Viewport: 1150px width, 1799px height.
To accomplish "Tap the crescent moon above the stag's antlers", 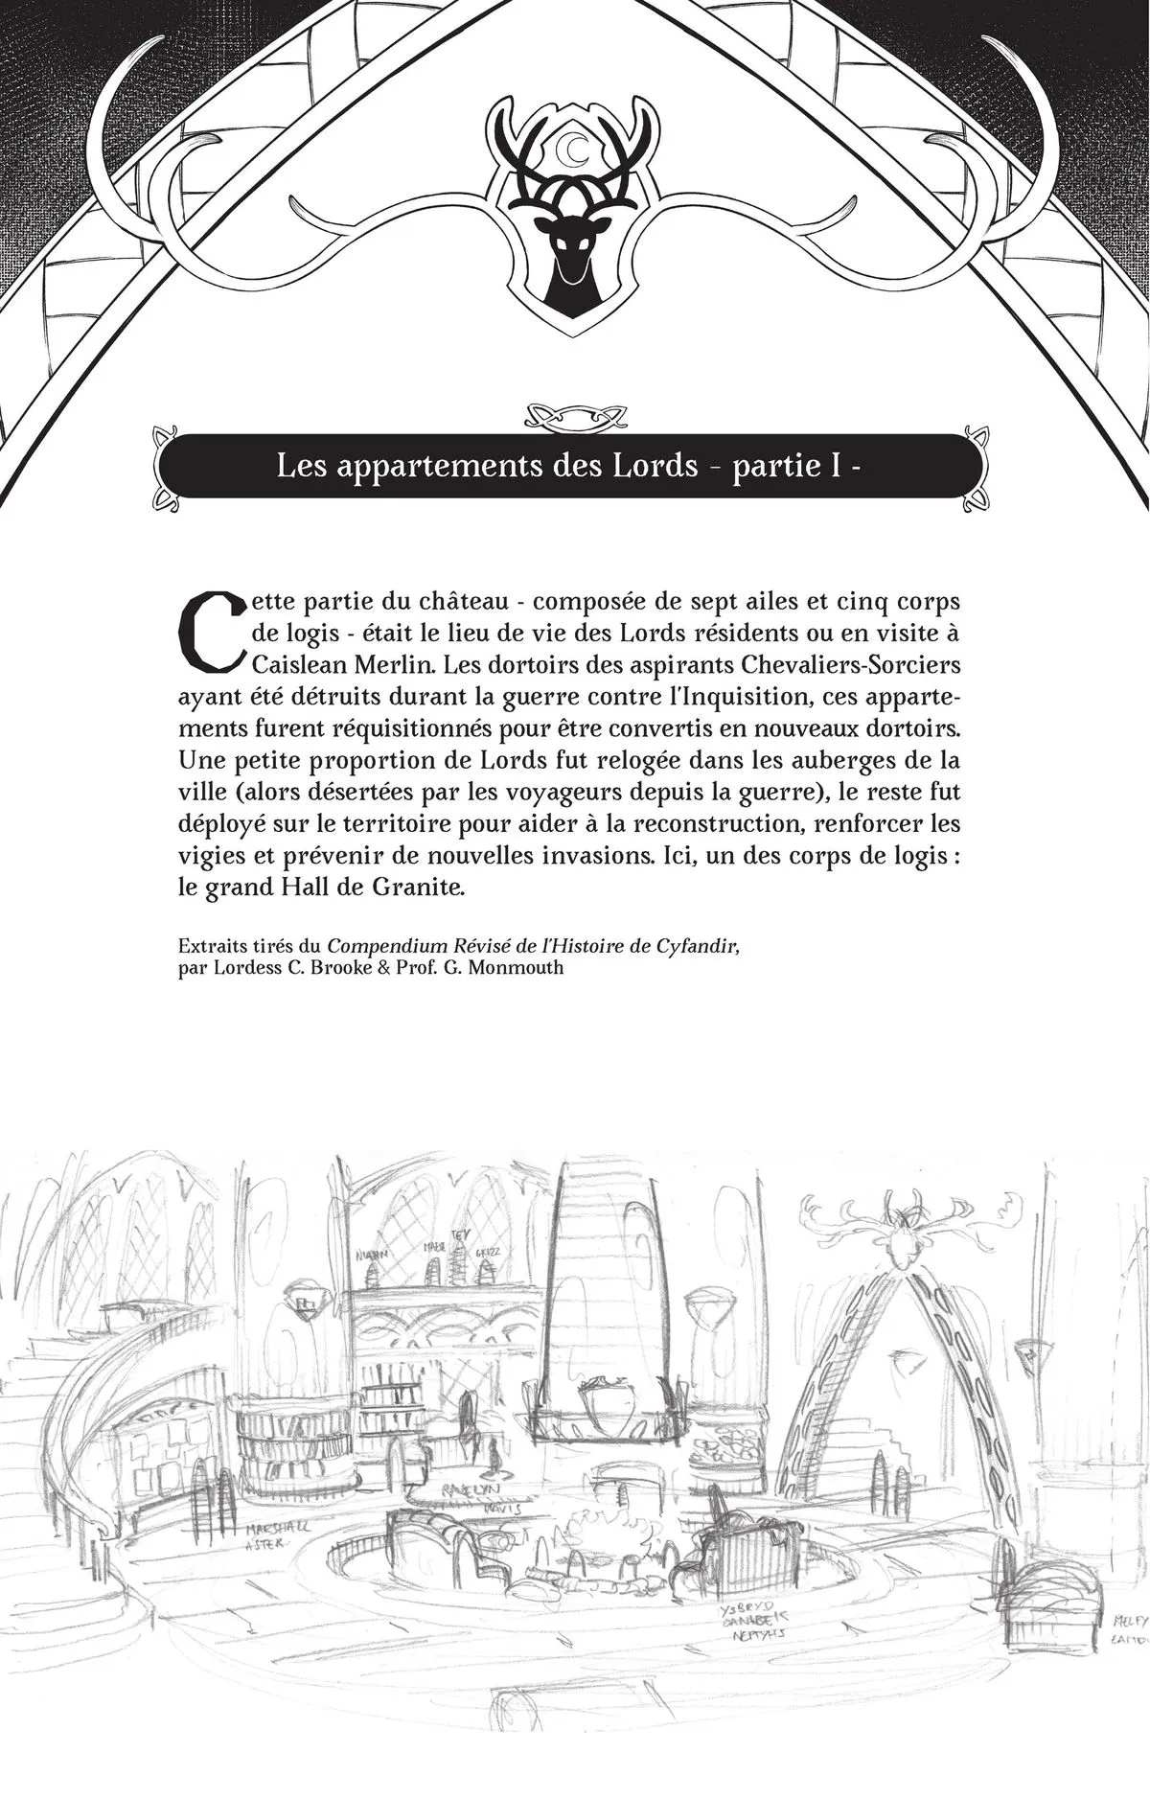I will tap(575, 149).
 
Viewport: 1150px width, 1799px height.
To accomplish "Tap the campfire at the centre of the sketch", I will tap(591, 1519).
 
